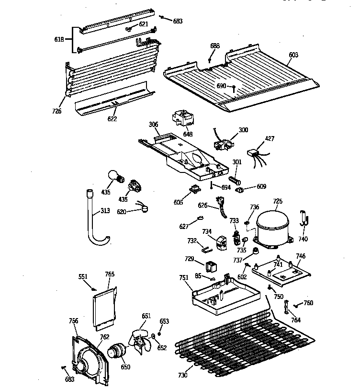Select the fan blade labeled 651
pos(142,340)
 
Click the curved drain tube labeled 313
pos(93,220)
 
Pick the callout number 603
pos(293,55)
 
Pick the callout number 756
pos(73,321)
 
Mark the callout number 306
pos(153,125)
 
